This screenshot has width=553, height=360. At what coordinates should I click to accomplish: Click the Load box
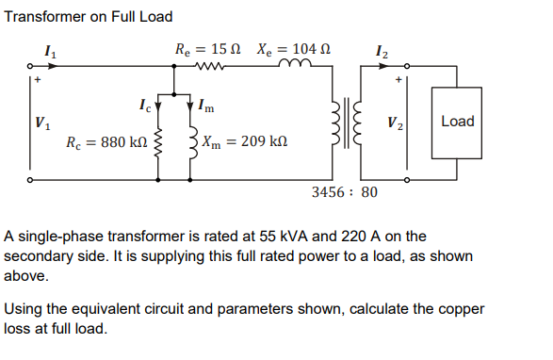457,122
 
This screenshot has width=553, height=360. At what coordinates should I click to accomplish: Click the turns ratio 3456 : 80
343,192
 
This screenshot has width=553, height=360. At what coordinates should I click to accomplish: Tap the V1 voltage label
41,122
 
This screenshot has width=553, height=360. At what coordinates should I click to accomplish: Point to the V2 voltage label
398,122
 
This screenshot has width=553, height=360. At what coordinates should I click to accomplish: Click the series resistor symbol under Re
207,68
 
